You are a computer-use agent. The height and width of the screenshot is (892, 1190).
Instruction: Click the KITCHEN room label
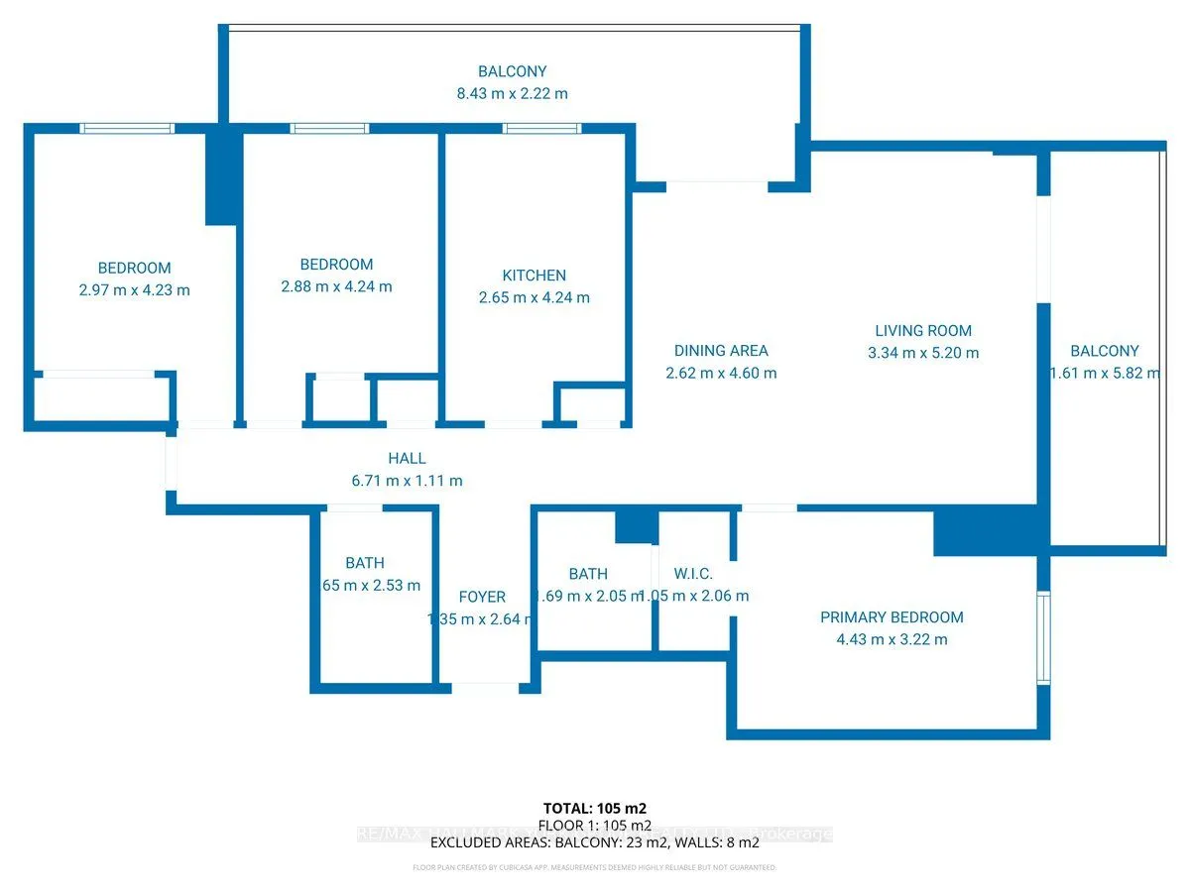535,276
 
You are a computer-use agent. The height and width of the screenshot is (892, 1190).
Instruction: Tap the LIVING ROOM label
923,331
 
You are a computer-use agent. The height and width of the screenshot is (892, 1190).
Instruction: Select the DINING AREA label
721,351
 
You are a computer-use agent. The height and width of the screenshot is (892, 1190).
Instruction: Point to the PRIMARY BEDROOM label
892,617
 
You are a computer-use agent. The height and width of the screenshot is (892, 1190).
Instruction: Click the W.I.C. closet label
693,574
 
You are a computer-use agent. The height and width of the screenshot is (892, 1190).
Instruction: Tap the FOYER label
482,597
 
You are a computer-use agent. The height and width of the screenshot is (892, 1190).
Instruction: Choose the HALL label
408,459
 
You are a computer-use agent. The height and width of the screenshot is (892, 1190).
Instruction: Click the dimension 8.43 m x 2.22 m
512,94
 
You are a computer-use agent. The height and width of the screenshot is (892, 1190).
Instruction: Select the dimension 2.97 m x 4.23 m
134,290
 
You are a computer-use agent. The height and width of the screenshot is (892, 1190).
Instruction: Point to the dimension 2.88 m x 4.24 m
336,286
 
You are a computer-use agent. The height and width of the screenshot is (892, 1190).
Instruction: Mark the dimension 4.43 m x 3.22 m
892,639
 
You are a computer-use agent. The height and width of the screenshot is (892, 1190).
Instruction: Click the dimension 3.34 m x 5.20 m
922,353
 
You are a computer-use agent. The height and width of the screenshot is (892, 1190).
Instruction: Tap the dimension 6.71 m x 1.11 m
408,481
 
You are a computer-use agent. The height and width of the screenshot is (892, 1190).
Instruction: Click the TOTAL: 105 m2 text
595,808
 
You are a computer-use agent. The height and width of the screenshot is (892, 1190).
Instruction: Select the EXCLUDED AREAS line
595,842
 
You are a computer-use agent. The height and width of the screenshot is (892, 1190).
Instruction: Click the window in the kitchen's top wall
541,128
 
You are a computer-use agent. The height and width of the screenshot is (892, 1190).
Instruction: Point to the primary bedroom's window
1043,638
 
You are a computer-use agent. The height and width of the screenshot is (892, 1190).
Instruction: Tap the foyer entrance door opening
486,685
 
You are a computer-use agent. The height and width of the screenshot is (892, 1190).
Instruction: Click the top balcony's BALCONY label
512,71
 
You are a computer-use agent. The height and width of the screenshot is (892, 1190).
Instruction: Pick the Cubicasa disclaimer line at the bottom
595,868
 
